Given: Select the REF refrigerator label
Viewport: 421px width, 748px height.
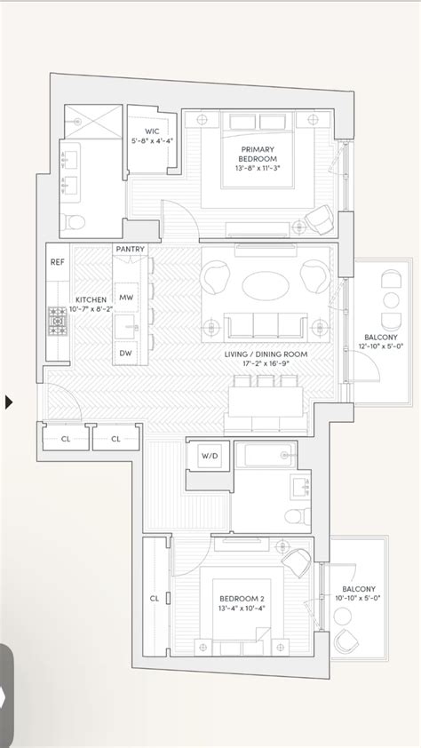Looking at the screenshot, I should click(58, 262).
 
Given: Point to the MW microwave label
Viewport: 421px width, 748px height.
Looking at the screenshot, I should click(126, 298).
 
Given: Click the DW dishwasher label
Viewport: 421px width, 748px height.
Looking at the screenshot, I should click(126, 353).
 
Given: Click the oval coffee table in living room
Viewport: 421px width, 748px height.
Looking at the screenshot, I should click(265, 286).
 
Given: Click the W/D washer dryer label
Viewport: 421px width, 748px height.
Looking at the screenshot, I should click(209, 456).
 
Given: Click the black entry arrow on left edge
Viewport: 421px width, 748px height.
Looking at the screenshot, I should click(9, 402).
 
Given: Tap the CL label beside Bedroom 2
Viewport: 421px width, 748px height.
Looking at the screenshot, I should click(154, 598).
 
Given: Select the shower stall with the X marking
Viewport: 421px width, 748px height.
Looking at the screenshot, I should click(91, 120).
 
